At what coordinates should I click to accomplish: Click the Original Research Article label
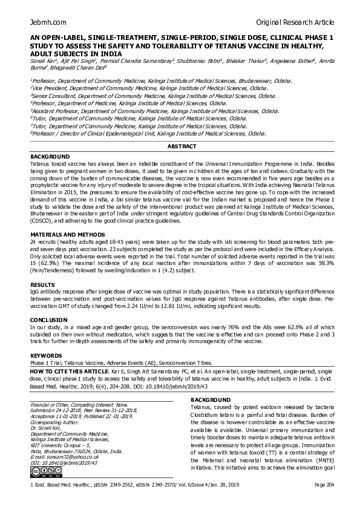[x=295, y=22]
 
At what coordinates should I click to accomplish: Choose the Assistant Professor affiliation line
[x=154, y=111]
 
